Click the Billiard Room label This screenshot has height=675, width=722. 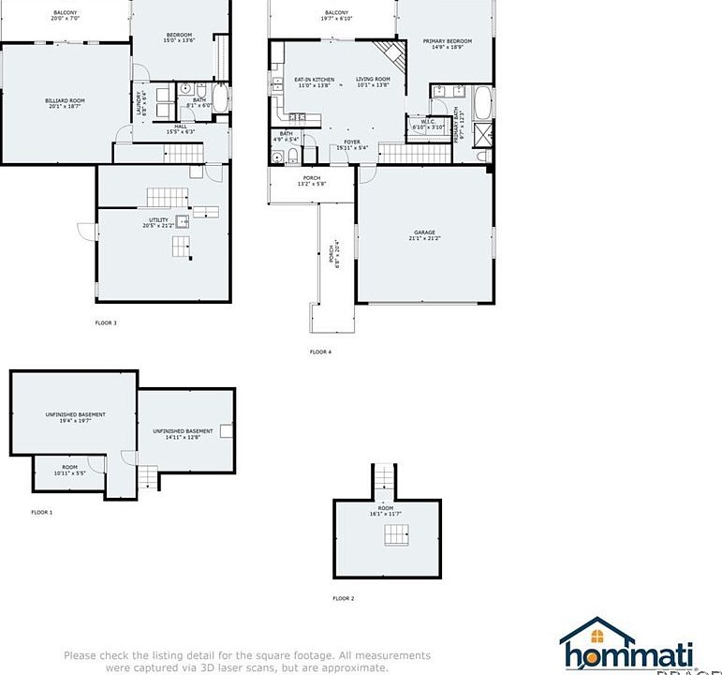pos(65,100)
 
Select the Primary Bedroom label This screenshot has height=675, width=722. pos(447,41)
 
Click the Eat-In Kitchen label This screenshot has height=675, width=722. pos(315,80)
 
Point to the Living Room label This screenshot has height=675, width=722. pos(373,80)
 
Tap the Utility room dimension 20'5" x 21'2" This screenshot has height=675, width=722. pos(160,226)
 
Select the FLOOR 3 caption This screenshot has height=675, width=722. pos(106,322)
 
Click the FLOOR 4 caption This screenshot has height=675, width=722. pos(320,352)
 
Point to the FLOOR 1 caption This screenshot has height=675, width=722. pos(41,512)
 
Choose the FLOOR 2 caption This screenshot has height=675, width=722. pos(343,598)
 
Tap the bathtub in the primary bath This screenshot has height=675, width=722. pos(483,102)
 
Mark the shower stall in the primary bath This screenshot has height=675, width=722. pos(483,135)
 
